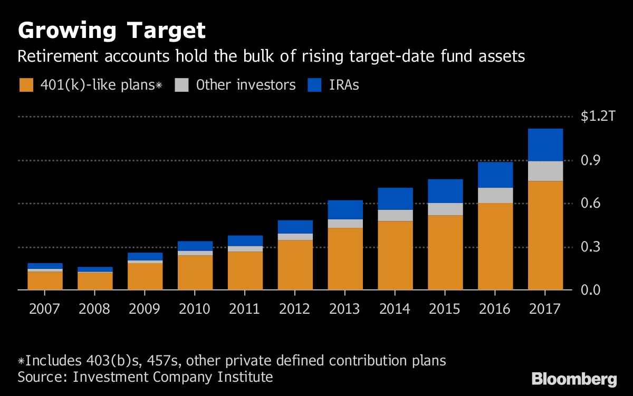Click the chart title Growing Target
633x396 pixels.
point(111,31)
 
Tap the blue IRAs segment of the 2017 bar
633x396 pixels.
point(545,145)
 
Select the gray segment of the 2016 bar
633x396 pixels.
point(495,195)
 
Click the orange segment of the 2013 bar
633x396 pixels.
point(346,258)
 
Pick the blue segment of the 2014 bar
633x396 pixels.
point(396,199)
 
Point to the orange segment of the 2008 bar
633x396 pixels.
point(95,281)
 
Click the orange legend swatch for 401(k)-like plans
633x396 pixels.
point(26,85)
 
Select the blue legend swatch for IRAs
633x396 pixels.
point(314,85)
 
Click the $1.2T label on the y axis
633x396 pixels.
point(598,117)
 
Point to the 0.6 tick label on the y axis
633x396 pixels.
point(591,204)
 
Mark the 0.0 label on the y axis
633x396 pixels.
point(591,290)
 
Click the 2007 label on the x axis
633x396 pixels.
point(45,308)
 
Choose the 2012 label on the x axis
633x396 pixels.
point(295,308)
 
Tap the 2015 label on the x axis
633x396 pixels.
point(445,308)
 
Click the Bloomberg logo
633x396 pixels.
point(574,379)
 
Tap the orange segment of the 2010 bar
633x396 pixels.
point(195,273)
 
